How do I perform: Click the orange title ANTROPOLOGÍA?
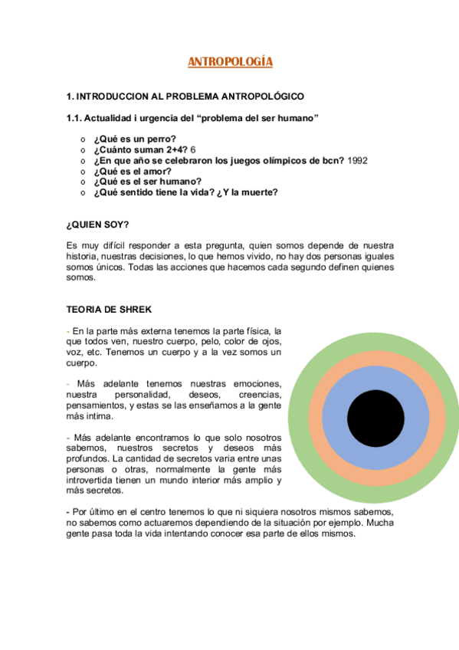(231, 62)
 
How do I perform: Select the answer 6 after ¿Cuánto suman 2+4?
(194, 149)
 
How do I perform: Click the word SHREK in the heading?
(135, 310)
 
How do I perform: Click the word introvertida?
(95, 480)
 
